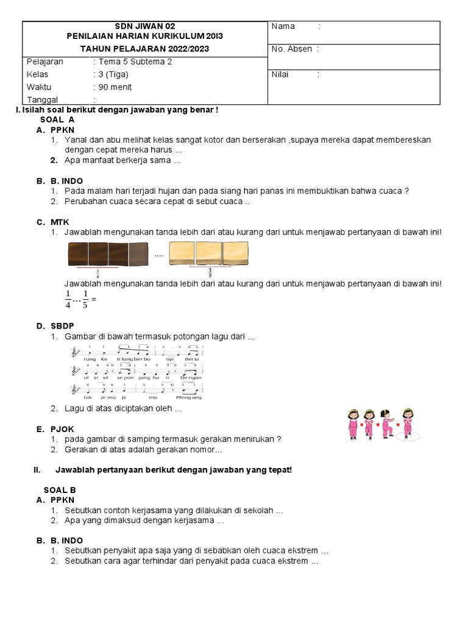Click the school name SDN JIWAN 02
click(145, 26)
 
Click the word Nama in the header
click(283, 26)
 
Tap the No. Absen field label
click(291, 49)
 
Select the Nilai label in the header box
click(280, 75)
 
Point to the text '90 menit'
click(114, 87)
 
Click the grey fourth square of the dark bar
click(138, 254)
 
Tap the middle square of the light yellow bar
click(208, 253)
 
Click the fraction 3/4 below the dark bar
click(97, 274)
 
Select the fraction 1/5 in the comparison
click(86, 299)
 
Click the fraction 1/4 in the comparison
click(68, 299)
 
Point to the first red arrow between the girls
click(360, 420)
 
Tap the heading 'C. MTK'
click(52, 222)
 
